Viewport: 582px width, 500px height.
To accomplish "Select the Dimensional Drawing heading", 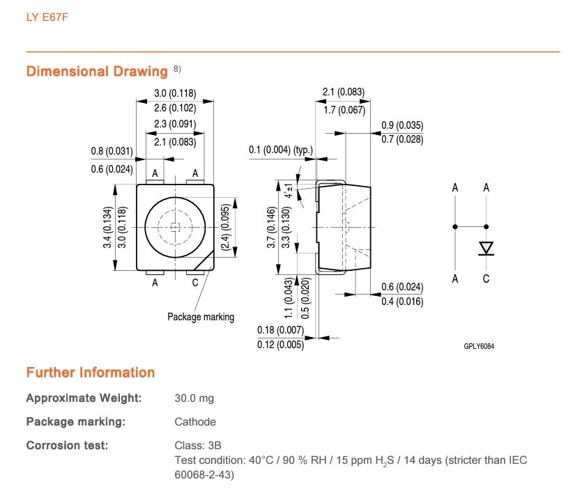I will coord(97,71).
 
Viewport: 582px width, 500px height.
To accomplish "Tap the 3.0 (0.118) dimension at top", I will coord(175,93).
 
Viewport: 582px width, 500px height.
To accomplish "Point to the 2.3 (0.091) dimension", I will coord(175,124).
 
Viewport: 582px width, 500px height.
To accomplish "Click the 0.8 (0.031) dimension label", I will coord(112,150).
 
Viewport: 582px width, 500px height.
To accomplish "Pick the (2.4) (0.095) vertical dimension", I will coord(224,230).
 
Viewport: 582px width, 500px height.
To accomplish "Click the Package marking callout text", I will coord(201,317).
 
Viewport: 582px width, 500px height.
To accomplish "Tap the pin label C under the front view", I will coord(194,283).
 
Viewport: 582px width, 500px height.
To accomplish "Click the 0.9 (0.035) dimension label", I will coord(402,126).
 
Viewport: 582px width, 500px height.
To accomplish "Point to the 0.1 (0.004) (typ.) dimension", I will coord(281,150).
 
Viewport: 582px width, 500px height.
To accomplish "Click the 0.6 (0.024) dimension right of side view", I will coord(402,287).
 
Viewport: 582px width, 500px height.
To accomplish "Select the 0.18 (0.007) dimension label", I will coord(281,329).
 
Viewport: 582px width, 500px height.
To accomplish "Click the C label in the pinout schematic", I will coord(486,279).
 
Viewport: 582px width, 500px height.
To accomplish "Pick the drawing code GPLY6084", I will coord(482,345).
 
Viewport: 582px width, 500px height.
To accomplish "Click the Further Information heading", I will coord(90,373).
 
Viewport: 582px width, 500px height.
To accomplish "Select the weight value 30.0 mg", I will coord(194,398).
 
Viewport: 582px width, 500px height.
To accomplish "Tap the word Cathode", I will coord(194,421).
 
